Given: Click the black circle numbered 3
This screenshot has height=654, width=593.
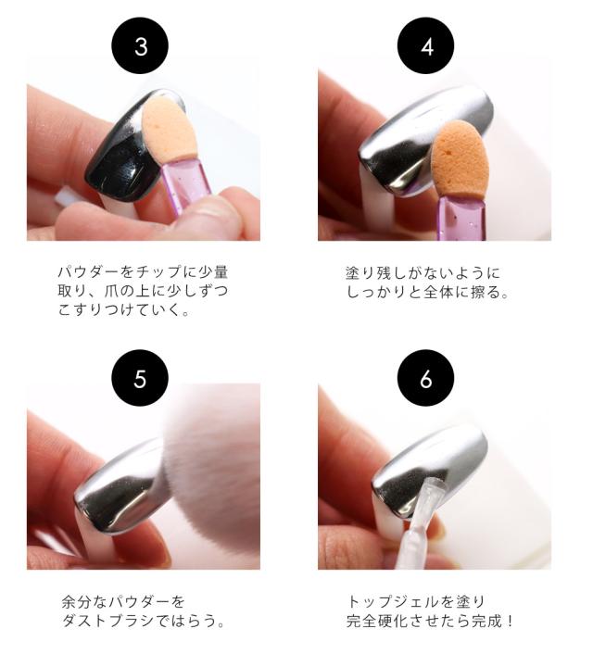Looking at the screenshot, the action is pyautogui.click(x=140, y=46).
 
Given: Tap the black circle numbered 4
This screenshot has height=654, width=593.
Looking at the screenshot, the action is pyautogui.click(x=425, y=46).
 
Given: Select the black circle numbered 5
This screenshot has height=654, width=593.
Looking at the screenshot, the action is pyautogui.click(x=140, y=378).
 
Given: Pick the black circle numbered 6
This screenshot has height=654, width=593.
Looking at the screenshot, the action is pyautogui.click(x=425, y=378).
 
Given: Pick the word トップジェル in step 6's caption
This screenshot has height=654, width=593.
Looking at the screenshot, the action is pyautogui.click(x=388, y=601).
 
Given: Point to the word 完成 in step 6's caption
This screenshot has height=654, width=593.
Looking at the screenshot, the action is pyautogui.click(x=486, y=621).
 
